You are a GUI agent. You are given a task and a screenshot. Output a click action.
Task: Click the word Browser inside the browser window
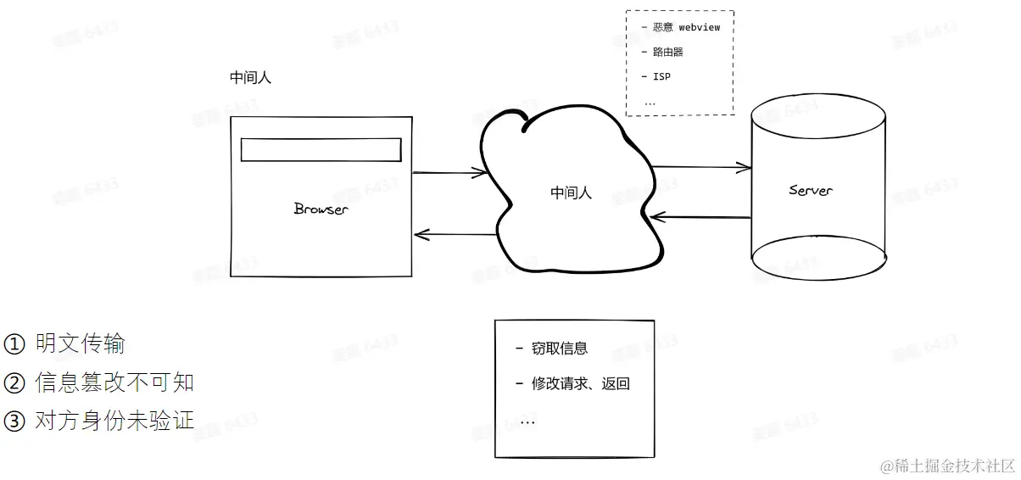click(321, 209)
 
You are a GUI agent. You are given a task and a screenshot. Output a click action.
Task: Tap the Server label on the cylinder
click(810, 190)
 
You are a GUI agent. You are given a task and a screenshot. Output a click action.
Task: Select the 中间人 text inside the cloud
click(571, 193)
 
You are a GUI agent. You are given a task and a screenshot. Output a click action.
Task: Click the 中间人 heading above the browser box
click(250, 78)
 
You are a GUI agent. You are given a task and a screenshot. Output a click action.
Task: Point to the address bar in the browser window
click(321, 149)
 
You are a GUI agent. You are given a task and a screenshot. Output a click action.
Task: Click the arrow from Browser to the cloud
click(449, 173)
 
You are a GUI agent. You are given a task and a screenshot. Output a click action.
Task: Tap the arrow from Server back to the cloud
click(702, 218)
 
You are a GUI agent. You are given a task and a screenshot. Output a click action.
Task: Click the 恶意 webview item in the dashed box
click(686, 27)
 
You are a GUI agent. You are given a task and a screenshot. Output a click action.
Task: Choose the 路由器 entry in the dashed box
click(667, 52)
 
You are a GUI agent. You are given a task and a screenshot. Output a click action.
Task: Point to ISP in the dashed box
click(661, 76)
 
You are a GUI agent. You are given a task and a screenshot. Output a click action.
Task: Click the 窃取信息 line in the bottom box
click(559, 349)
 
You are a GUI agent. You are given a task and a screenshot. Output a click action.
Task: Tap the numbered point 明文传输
click(81, 343)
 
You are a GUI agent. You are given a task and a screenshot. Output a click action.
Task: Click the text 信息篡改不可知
click(114, 382)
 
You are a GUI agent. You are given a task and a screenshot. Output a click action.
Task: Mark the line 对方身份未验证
click(114, 420)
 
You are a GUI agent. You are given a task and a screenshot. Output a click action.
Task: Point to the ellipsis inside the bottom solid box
click(527, 421)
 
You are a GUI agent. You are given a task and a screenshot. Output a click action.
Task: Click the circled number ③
click(15, 420)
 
